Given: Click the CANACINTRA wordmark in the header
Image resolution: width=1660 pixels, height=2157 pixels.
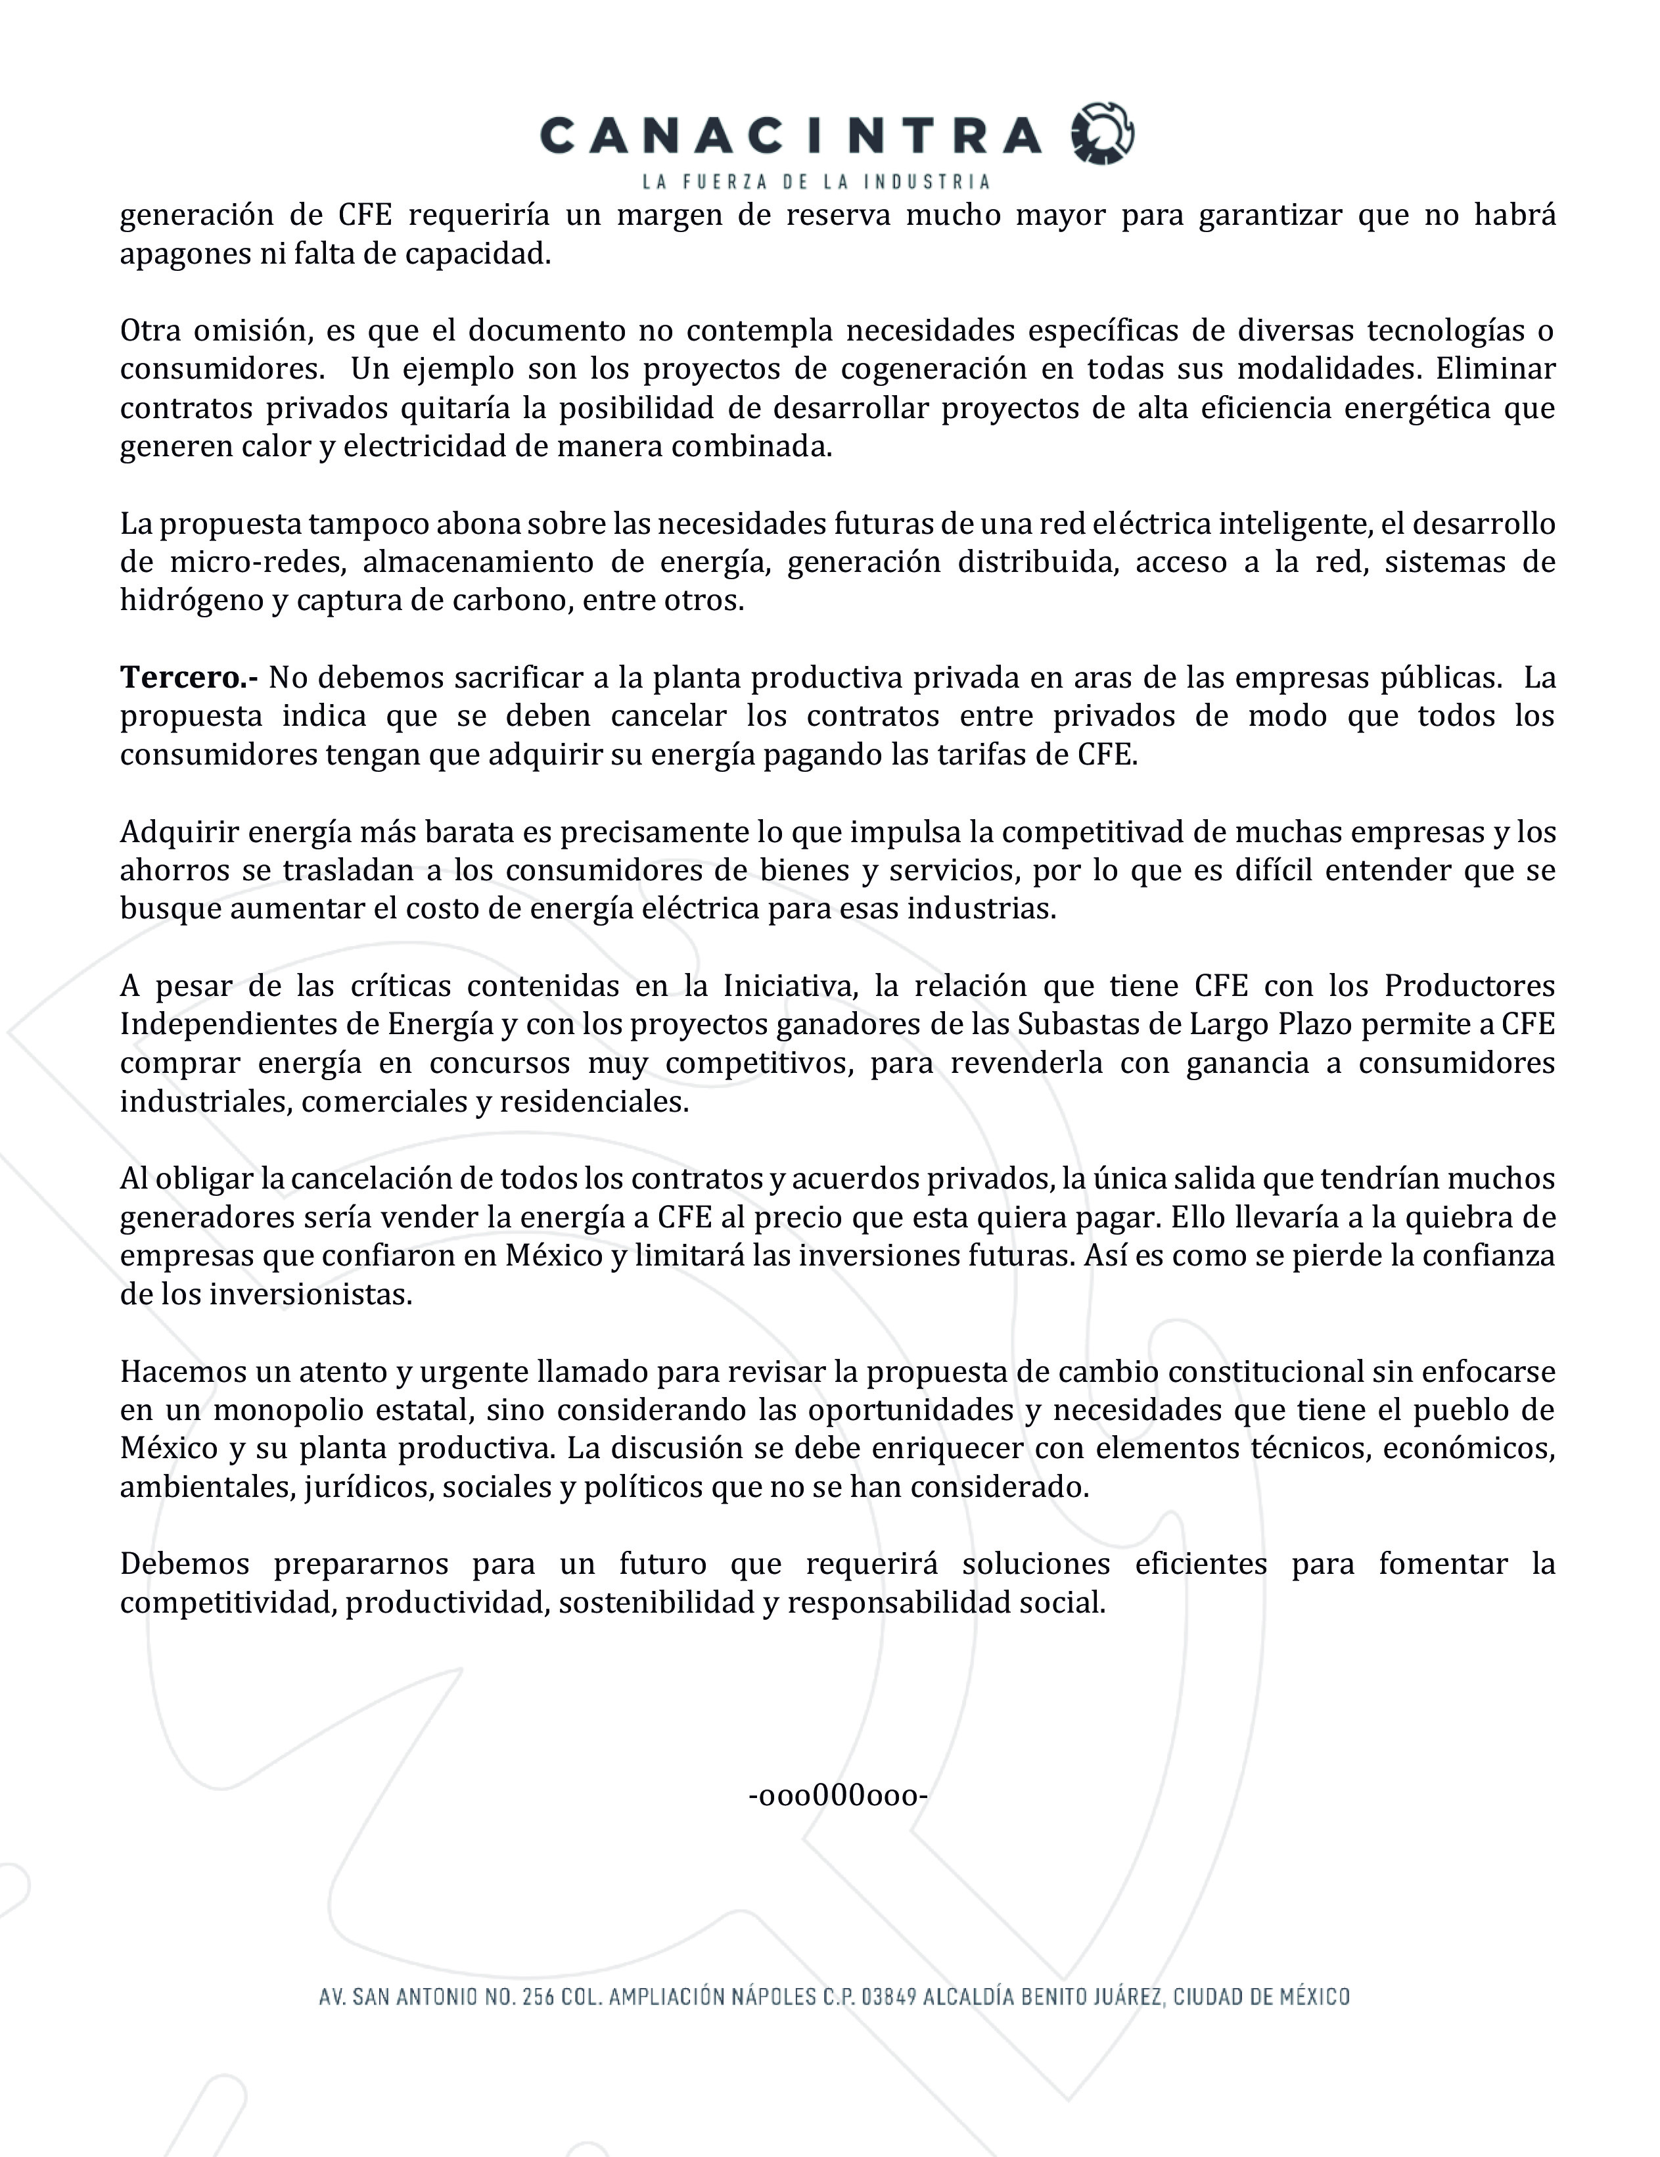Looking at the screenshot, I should pos(790,135).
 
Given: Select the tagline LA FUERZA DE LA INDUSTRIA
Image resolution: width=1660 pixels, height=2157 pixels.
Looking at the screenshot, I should pos(816,181).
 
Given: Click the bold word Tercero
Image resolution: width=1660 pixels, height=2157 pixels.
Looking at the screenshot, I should pos(189,678).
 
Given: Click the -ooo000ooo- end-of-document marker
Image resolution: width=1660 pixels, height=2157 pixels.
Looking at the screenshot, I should pos(837,1795).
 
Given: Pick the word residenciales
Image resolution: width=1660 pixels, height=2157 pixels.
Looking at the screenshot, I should pos(593,1101).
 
